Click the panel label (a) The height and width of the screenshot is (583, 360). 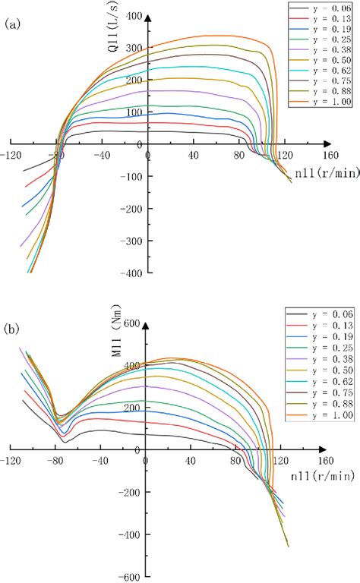click(13, 24)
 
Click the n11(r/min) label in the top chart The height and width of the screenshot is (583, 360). click(327, 173)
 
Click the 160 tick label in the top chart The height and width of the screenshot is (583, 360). click(325, 155)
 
